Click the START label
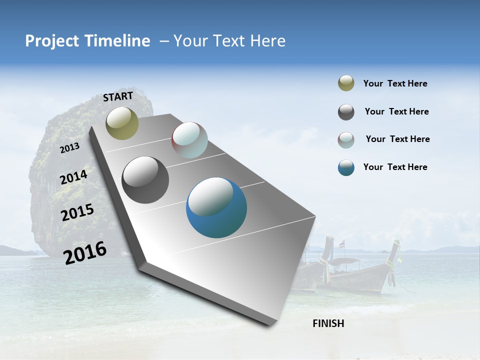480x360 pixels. pyautogui.click(x=118, y=96)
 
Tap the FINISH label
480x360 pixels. pyautogui.click(x=328, y=323)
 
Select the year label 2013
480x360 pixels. pyautogui.click(x=70, y=147)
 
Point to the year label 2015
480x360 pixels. pyautogui.click(x=77, y=212)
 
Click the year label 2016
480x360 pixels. pyautogui.click(x=85, y=252)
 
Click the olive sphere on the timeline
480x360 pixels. pyautogui.click(x=122, y=123)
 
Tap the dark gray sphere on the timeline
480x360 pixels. pyautogui.click(x=145, y=179)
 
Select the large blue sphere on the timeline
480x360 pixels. pyautogui.click(x=216, y=207)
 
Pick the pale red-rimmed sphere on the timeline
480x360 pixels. pyautogui.click(x=189, y=140)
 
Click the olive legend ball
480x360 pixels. pyautogui.click(x=346, y=83)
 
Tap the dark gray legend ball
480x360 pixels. pyautogui.click(x=346, y=112)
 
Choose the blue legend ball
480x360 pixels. pyautogui.click(x=346, y=167)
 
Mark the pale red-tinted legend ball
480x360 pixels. pyautogui.click(x=346, y=140)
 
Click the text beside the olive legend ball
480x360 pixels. pyautogui.click(x=395, y=83)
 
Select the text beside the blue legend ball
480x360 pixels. pyautogui.click(x=395, y=167)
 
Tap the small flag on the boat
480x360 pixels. pyautogui.click(x=342, y=244)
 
